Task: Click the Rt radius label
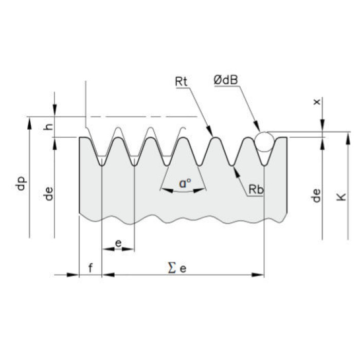pyautogui.click(x=181, y=81)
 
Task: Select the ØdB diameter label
pyautogui.click(x=225, y=80)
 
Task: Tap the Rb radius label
pyautogui.click(x=256, y=189)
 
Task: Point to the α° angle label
pyautogui.click(x=185, y=183)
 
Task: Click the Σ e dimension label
pyautogui.click(x=177, y=268)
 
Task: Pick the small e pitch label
pyautogui.click(x=118, y=243)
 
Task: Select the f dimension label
pyautogui.click(x=91, y=268)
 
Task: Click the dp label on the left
pyautogui.click(x=21, y=183)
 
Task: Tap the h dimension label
pyautogui.click(x=48, y=127)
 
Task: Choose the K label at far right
pyautogui.click(x=341, y=197)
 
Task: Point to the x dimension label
pyautogui.click(x=317, y=102)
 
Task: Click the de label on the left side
pyautogui.click(x=48, y=194)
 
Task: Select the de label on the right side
pyautogui.click(x=316, y=195)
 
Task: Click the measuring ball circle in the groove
pyautogui.click(x=264, y=132)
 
